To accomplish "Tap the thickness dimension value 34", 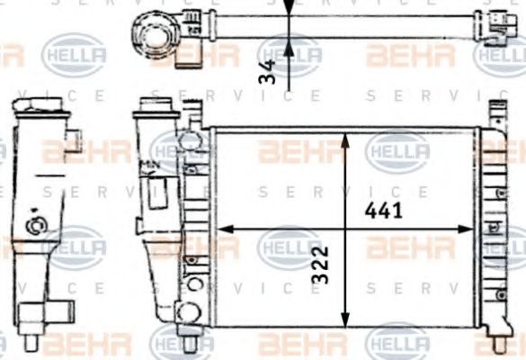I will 267,72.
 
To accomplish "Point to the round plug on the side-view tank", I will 37,225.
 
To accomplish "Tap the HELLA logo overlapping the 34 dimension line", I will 290,56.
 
